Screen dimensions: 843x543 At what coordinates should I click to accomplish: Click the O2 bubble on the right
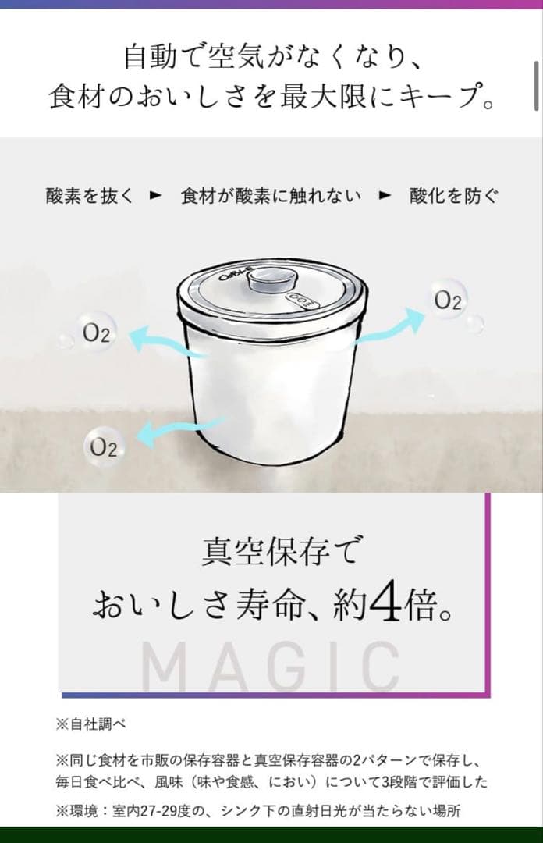(x=447, y=302)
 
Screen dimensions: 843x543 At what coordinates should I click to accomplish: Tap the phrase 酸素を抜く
(x=90, y=196)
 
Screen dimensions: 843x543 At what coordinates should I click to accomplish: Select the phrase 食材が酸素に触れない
(x=270, y=196)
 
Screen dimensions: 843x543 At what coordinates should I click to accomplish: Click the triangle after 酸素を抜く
(x=155, y=196)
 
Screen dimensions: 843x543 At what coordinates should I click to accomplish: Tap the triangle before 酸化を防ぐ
(x=384, y=196)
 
